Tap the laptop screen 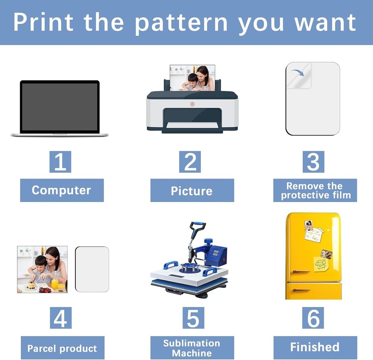60,107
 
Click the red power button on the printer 192,104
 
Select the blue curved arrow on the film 298,72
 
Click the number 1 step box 60,162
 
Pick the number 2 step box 190,162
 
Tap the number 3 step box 313,162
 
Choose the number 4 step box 61,318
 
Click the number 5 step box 193,318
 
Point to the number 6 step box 313,318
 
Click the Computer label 62,190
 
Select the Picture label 192,190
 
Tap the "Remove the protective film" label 315,190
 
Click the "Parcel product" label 63,348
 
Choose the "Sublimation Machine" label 192,348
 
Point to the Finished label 316,348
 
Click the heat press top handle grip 198,224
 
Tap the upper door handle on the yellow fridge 301,272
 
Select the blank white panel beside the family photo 92,269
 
